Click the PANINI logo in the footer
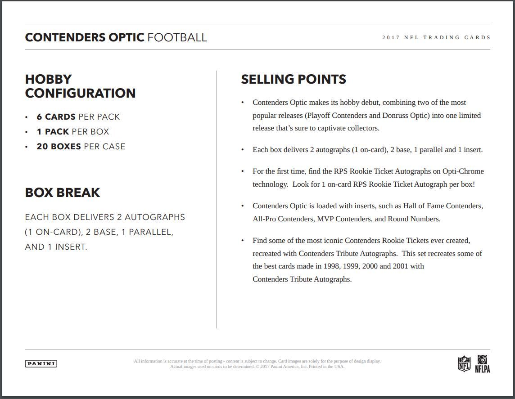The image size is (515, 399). click(41, 363)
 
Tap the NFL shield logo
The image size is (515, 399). click(464, 363)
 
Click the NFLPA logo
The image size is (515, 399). click(482, 363)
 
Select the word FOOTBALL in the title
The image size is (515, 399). click(177, 37)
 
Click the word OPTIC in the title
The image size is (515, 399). click(126, 37)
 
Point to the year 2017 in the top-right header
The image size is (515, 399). click(391, 37)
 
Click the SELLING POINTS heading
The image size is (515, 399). click(294, 79)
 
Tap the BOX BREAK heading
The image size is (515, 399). click(63, 193)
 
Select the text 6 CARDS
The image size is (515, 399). click(56, 117)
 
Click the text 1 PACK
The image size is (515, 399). click(53, 132)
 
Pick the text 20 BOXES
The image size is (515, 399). click(59, 147)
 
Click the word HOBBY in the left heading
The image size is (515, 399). click(48, 79)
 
